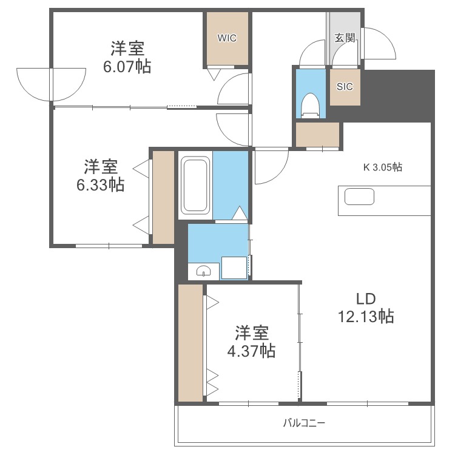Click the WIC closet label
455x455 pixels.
coord(227,38)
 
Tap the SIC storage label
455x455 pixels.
coord(344,86)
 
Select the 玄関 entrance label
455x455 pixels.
coord(345,38)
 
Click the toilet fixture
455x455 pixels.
coord(310,104)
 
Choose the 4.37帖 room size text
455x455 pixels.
coord(251,351)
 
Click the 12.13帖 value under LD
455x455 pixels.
coord(366,315)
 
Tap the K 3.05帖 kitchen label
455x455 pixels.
coord(382,167)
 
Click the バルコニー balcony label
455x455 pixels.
coord(304,423)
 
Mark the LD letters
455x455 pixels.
coord(366,298)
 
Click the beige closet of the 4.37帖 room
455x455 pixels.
coord(190,343)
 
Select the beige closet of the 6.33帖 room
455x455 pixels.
coord(163,197)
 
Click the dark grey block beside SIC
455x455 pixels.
coord(397,96)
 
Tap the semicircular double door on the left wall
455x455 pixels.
coord(51,83)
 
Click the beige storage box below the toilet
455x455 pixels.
coord(317,134)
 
